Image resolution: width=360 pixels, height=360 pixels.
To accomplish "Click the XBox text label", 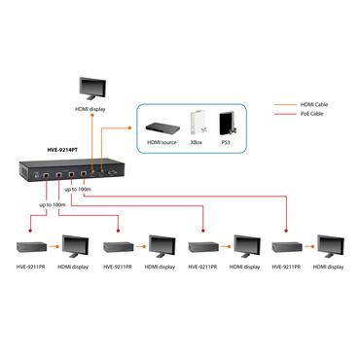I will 197,142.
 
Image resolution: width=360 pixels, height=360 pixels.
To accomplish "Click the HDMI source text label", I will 162,142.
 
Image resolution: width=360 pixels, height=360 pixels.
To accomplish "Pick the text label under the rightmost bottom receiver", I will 288,266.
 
